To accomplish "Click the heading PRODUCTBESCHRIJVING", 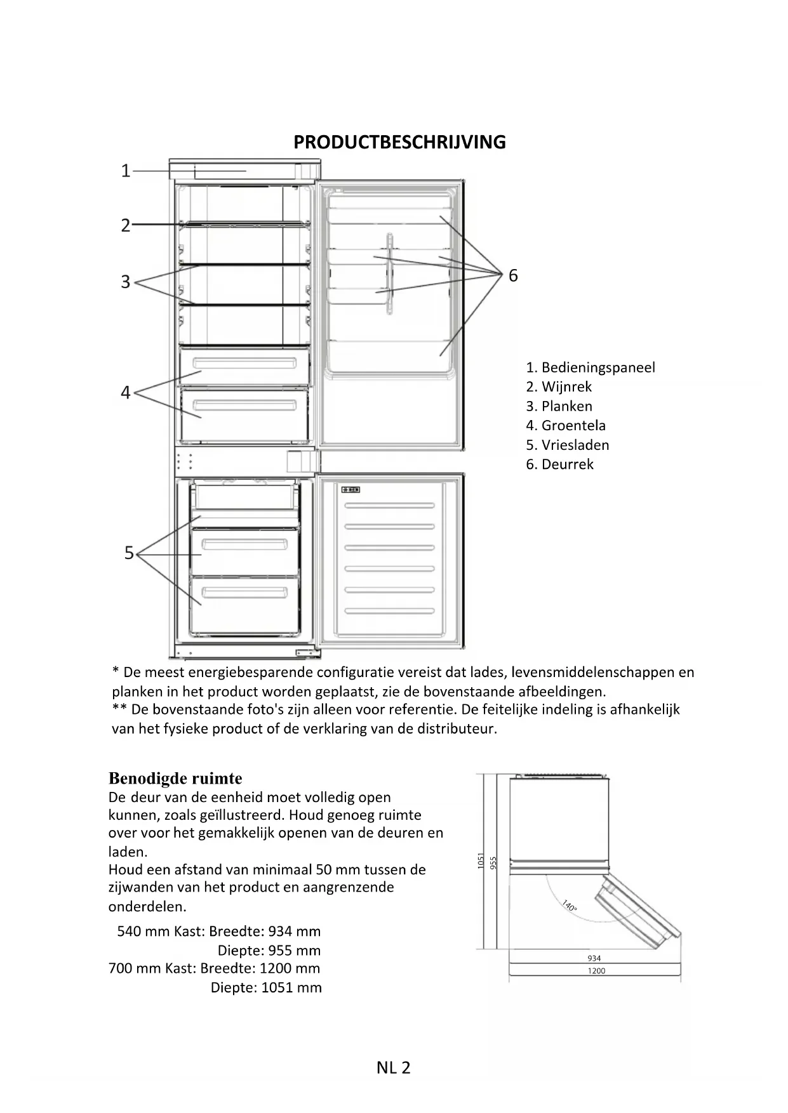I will pyautogui.click(x=399, y=142).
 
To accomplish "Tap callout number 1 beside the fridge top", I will pyautogui.click(x=126, y=171).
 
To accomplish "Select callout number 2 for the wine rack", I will pyautogui.click(x=126, y=225).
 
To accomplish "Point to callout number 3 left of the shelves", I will pyautogui.click(x=126, y=282).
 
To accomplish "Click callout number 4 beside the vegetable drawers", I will pyautogui.click(x=126, y=393).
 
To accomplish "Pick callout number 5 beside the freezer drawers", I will pyautogui.click(x=129, y=553).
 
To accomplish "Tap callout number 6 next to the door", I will pyautogui.click(x=513, y=275).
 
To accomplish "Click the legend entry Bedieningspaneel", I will pyautogui.click(x=591, y=367).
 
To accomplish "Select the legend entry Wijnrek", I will pyautogui.click(x=559, y=387).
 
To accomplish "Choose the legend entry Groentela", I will pyautogui.click(x=566, y=426).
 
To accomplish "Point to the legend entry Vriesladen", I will pyautogui.click(x=568, y=445).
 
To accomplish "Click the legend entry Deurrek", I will pyautogui.click(x=560, y=464).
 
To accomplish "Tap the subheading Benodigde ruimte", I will pyautogui.click(x=175, y=778).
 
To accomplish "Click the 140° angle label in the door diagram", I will pyautogui.click(x=570, y=906).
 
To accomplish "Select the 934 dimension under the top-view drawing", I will pyautogui.click(x=594, y=958).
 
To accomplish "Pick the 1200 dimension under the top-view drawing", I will pyautogui.click(x=596, y=971).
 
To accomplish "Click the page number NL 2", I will pyautogui.click(x=393, y=1067).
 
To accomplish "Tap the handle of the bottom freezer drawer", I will pyautogui.click(x=244, y=593).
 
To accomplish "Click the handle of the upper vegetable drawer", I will pyautogui.click(x=244, y=364).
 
